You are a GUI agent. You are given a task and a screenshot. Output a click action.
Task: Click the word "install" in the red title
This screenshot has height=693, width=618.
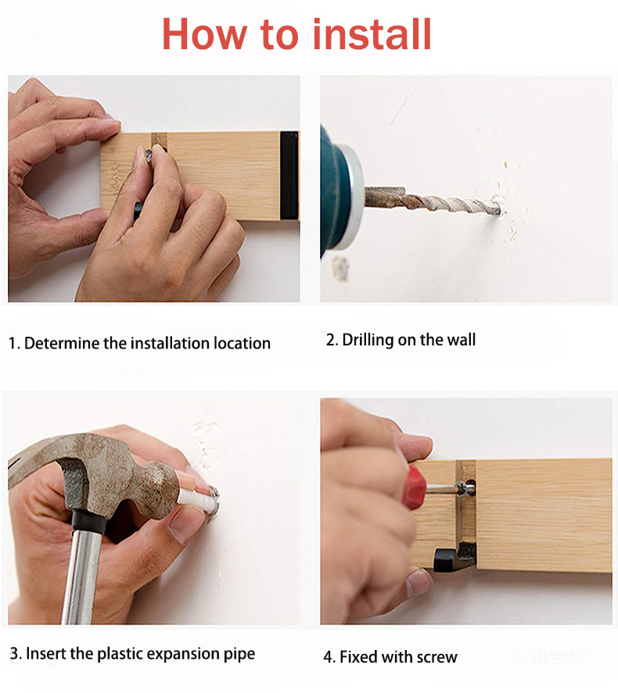tap(372, 34)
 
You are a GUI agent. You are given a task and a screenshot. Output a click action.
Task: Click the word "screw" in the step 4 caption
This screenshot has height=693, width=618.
tap(437, 657)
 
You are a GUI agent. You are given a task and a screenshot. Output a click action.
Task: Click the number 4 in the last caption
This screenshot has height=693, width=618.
tap(329, 657)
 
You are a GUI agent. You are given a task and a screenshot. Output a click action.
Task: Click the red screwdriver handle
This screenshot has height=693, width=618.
tap(416, 487)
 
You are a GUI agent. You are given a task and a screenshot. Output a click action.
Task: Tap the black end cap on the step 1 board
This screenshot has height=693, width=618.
tap(289, 175)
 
